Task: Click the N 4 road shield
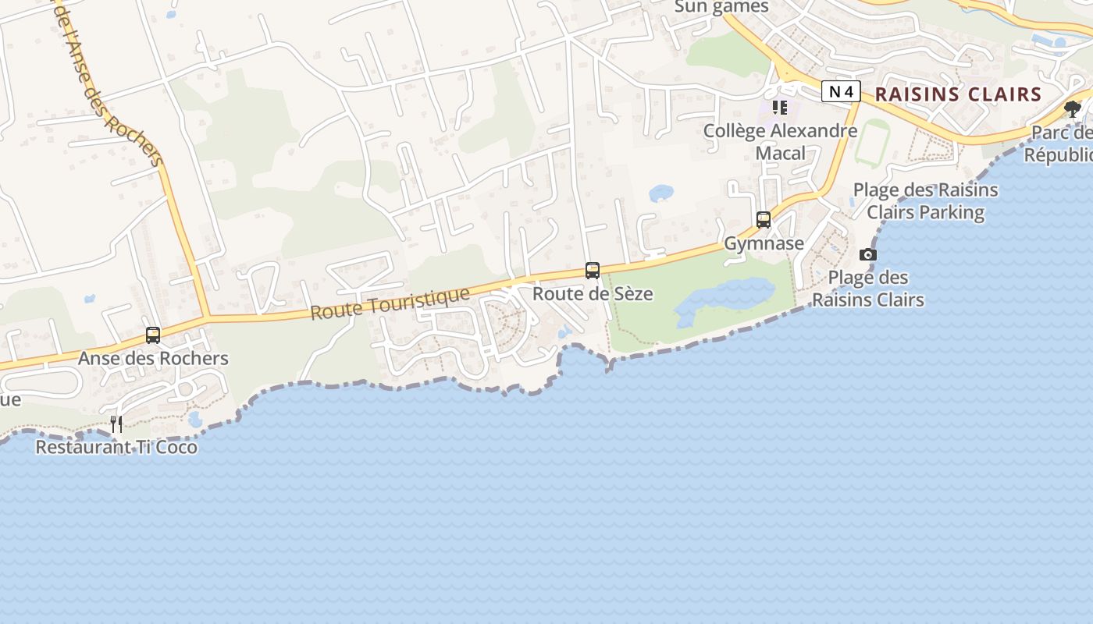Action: [841, 92]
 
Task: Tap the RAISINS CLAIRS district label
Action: [958, 94]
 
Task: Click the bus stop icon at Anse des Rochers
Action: [153, 335]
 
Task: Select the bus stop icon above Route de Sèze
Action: [593, 271]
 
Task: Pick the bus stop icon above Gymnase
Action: [764, 220]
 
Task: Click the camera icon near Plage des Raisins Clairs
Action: [867, 254]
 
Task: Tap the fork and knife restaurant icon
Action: [116, 424]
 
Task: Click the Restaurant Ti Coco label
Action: [116, 448]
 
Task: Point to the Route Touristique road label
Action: [390, 303]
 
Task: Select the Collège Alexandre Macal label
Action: [781, 141]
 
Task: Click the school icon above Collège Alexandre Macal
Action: [779, 108]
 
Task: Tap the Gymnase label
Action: [764, 243]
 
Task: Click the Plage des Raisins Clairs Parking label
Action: [925, 201]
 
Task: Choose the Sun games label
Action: [721, 7]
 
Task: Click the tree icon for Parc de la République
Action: [1073, 108]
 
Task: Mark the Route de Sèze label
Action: [593, 294]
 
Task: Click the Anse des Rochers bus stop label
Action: [153, 359]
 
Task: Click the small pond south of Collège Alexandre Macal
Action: [661, 192]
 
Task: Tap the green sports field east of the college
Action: [872, 144]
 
